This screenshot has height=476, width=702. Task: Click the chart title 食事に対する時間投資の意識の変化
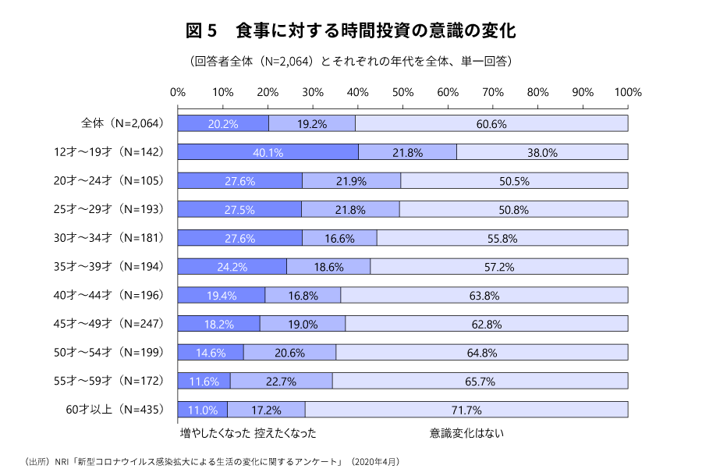[x=351, y=31]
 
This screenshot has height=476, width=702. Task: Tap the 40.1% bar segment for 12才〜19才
[x=268, y=152]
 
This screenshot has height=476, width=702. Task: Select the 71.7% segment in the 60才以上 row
[x=466, y=410]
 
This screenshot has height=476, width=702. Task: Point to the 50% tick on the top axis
[x=402, y=92]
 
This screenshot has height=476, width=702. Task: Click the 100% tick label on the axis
[x=628, y=92]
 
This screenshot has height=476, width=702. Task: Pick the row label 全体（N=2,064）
[x=122, y=123]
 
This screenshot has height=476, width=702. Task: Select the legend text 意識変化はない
[x=466, y=432]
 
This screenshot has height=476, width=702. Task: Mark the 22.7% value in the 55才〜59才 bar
[x=281, y=381]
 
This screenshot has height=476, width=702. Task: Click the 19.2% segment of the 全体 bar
[x=311, y=123]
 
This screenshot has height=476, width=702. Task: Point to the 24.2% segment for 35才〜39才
[x=232, y=266]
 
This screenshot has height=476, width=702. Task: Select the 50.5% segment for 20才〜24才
[x=514, y=181]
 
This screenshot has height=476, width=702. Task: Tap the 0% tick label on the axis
[x=178, y=92]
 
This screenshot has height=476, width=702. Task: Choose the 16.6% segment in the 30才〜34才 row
[x=339, y=238]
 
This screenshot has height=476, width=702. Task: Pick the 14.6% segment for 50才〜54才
[x=211, y=352]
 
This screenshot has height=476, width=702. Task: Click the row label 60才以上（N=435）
[x=116, y=410]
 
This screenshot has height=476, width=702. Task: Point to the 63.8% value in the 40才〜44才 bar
[x=484, y=295]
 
